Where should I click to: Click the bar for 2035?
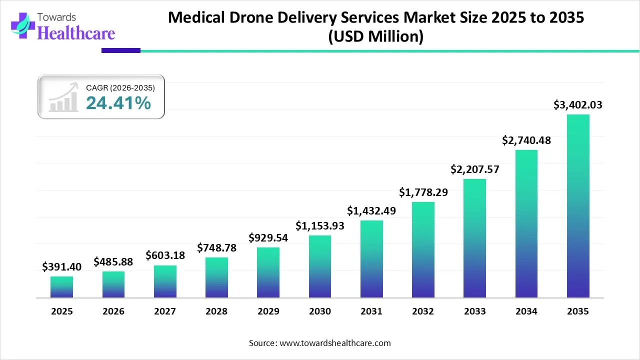[x=578, y=206]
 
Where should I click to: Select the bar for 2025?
[x=61, y=287]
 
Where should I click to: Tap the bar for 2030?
[x=320, y=266]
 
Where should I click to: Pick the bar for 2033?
[x=474, y=238]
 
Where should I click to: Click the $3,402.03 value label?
[x=578, y=105]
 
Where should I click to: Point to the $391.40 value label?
[x=61, y=267]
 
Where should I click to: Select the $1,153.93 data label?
[x=320, y=226]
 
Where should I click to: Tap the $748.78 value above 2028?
[x=216, y=248]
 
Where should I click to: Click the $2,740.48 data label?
[x=526, y=140]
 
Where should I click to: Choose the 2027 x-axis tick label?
[x=165, y=311]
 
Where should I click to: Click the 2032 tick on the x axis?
[x=423, y=311]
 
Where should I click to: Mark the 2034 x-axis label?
[x=526, y=311]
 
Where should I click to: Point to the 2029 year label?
[x=268, y=311]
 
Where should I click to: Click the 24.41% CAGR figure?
[x=118, y=103]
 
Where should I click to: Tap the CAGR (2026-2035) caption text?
[x=120, y=87]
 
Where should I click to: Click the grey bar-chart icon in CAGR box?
[x=63, y=98]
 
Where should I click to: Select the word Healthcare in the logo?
[x=76, y=33]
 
